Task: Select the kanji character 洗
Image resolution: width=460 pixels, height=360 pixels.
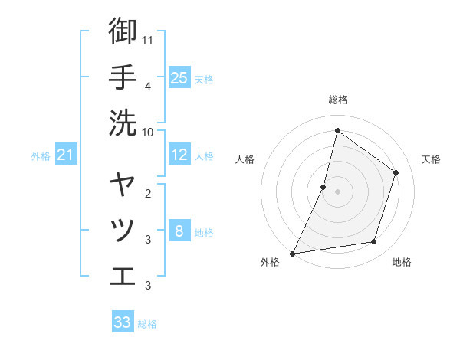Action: pos(123,122)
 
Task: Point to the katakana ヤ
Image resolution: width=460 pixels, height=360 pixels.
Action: pos(123,185)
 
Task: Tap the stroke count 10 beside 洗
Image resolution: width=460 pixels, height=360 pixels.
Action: pos(147,131)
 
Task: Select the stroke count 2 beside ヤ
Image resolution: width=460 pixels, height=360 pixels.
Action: pos(147,193)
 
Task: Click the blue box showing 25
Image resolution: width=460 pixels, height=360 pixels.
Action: pos(179,77)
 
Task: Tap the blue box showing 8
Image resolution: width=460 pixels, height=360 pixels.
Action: pos(179,231)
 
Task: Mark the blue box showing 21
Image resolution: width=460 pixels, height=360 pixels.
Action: pos(65,155)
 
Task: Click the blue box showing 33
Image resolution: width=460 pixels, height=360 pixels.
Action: pos(123,322)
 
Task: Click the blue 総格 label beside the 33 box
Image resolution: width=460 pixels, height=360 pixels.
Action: pos(147,324)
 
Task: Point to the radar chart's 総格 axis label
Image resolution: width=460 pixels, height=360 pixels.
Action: pos(337,100)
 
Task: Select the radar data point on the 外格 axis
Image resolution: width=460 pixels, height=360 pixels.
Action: pos(292,254)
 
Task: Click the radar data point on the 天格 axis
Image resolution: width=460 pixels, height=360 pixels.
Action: pos(396,172)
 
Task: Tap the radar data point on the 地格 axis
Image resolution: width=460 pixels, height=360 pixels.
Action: pos(374,242)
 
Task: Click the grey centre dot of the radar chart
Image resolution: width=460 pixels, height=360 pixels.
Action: pos(337,191)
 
